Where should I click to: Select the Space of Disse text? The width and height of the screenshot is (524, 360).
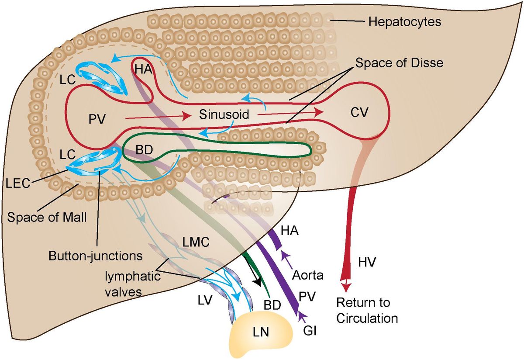399,63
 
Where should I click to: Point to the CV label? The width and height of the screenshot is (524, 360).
360,113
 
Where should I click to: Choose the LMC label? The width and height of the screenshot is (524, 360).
193,241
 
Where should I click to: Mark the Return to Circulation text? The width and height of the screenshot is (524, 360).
367,311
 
